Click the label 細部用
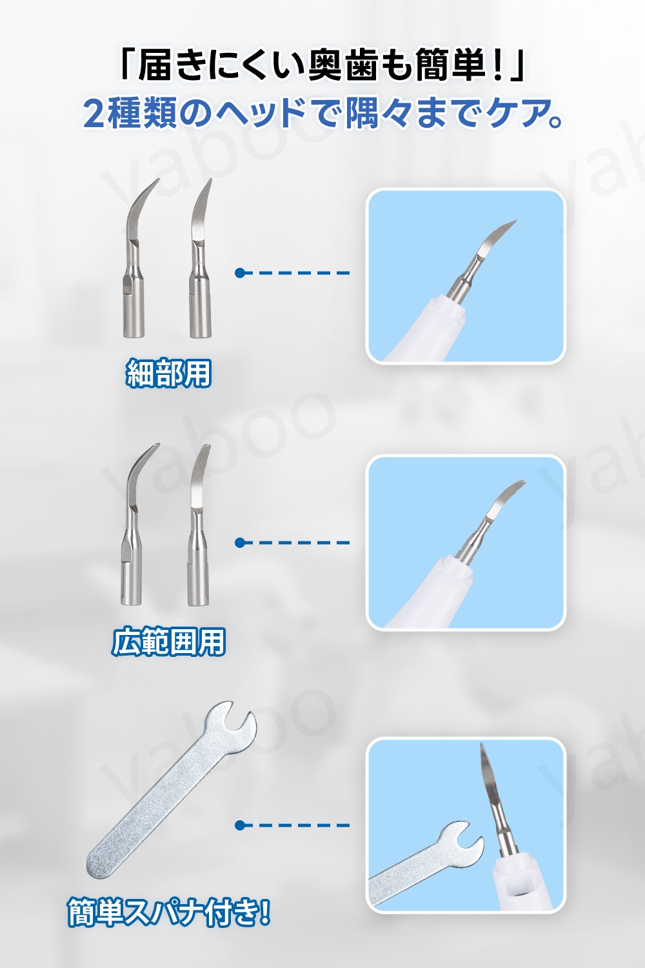pyautogui.click(x=168, y=373)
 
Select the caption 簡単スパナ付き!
pyautogui.click(x=169, y=913)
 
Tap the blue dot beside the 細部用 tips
pyautogui.click(x=240, y=273)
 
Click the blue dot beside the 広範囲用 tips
pyautogui.click(x=240, y=542)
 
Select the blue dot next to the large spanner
pyautogui.click(x=240, y=825)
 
